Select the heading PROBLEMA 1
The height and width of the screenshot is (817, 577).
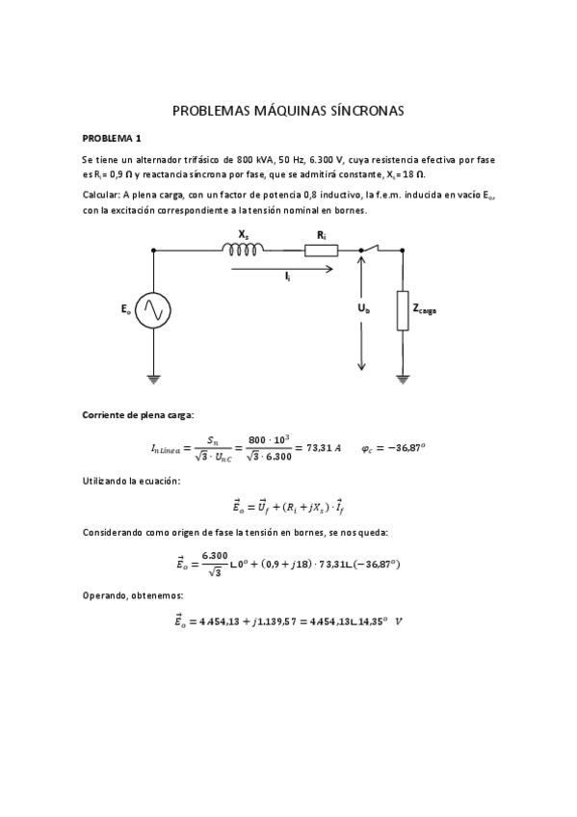click(112, 138)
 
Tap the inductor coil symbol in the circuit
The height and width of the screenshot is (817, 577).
click(243, 250)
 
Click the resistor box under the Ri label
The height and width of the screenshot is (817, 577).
click(321, 250)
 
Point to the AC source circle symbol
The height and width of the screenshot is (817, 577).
click(153, 309)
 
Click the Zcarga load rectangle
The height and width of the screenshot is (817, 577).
click(403, 310)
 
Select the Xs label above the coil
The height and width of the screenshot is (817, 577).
click(245, 233)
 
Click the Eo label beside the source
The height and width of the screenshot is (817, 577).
click(126, 309)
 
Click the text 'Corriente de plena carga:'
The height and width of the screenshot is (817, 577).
click(138, 415)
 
